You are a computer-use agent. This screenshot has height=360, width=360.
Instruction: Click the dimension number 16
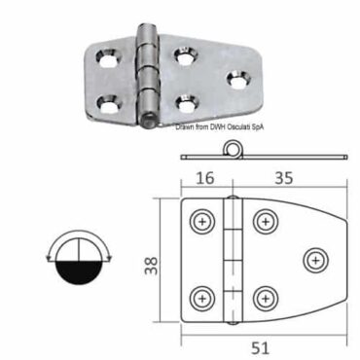click(205, 179)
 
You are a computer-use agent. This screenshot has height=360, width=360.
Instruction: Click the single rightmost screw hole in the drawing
click(313, 259)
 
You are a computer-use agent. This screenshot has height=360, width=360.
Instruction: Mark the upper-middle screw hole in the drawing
click(263, 221)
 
